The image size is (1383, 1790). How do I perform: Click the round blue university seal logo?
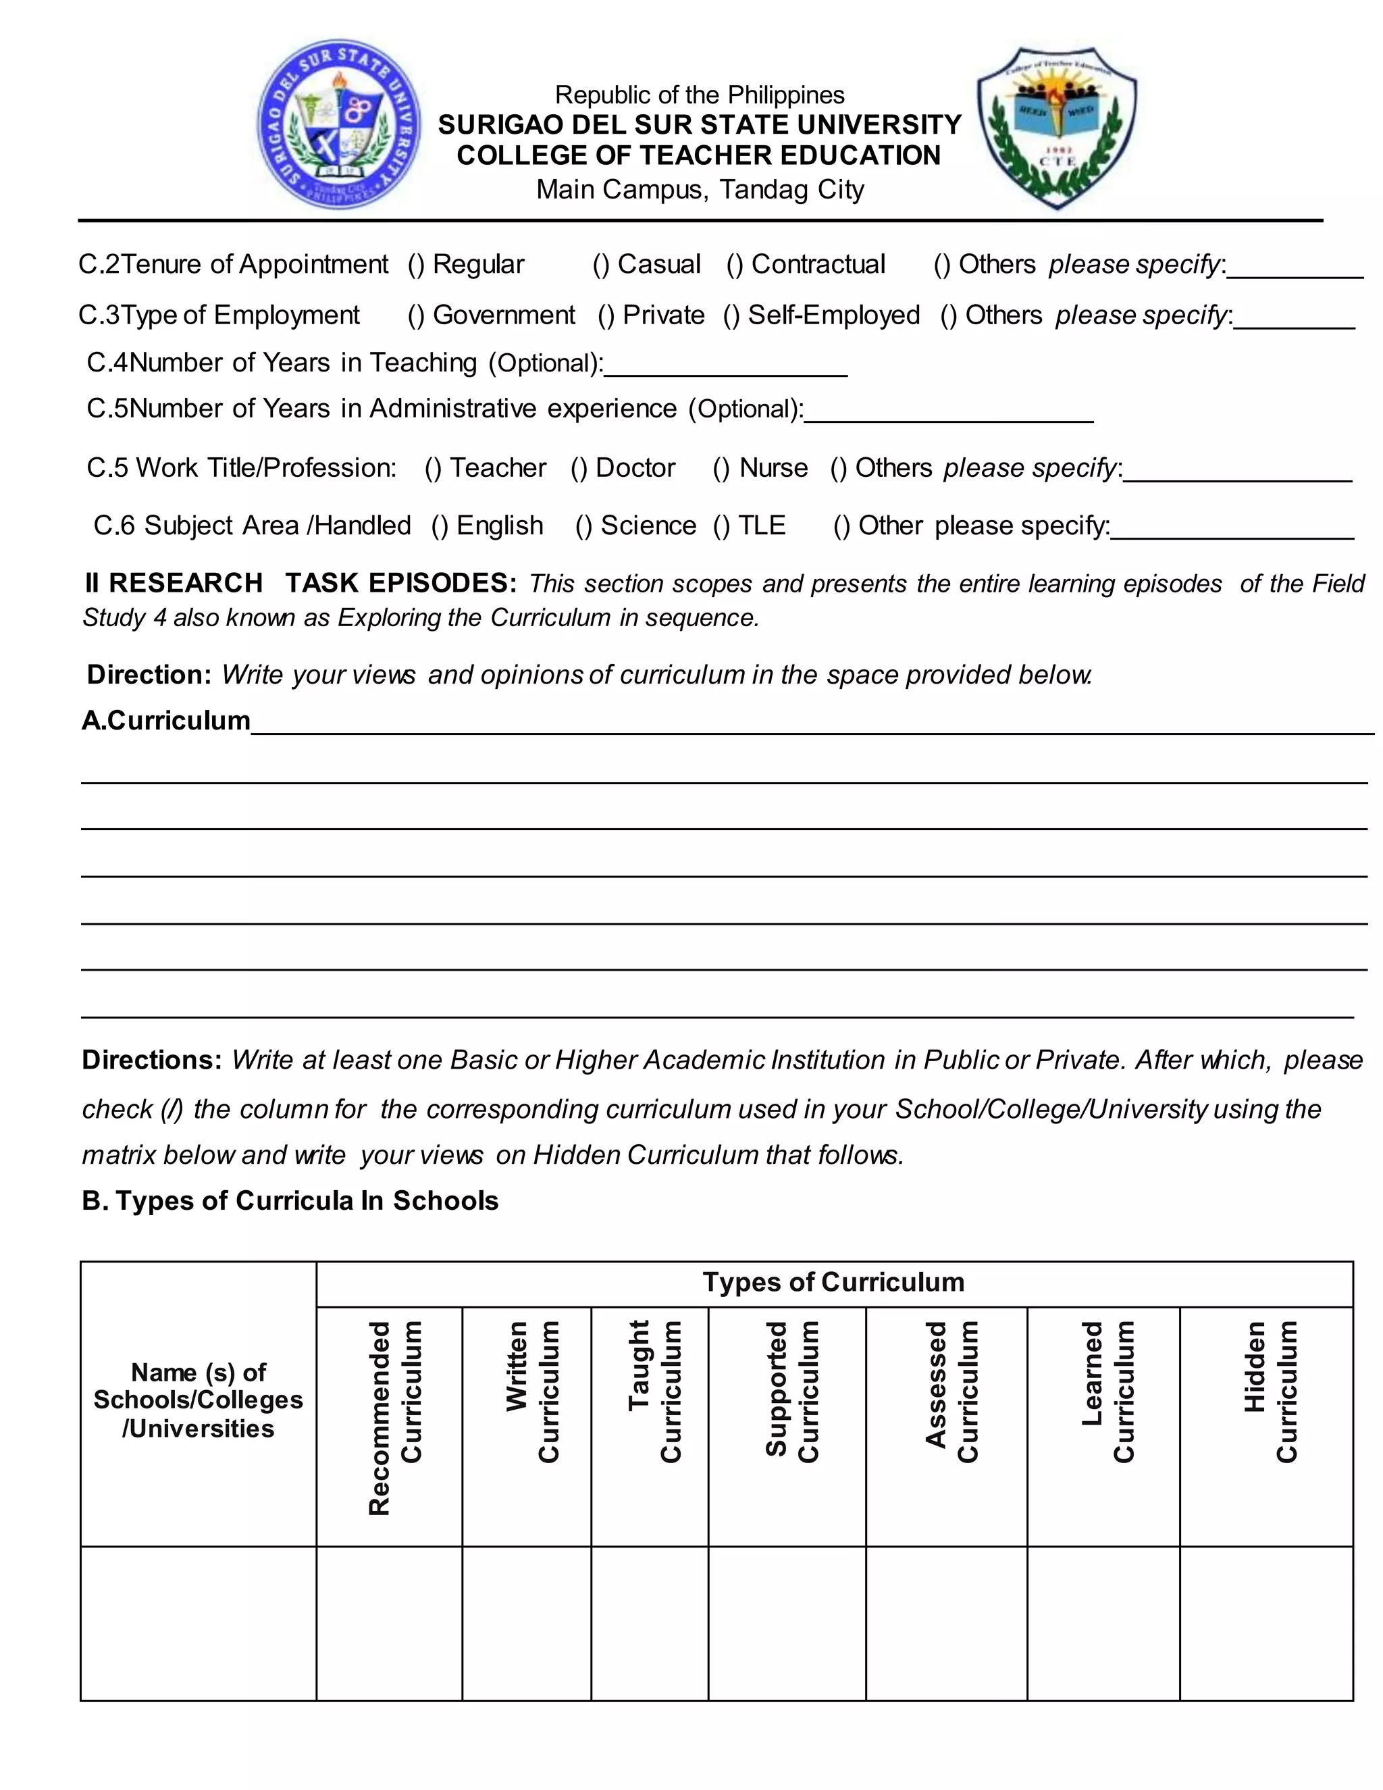pyautogui.click(x=339, y=124)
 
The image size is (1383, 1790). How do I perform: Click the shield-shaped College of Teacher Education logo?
pyautogui.click(x=1056, y=127)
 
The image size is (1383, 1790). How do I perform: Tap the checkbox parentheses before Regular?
pyautogui.click(x=416, y=265)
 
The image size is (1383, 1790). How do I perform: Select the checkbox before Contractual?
pyautogui.click(x=735, y=265)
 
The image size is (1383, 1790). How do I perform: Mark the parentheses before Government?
pyautogui.click(x=416, y=315)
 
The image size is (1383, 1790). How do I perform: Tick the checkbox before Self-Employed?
pyautogui.click(x=731, y=315)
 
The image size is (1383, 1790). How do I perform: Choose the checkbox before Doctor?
pyautogui.click(x=579, y=468)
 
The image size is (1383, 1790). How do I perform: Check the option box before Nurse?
pyautogui.click(x=722, y=468)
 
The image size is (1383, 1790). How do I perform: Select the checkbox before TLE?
pyautogui.click(x=722, y=526)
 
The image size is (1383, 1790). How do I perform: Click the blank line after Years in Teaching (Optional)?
pyautogui.click(x=725, y=367)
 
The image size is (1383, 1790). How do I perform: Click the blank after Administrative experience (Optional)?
pyautogui.click(x=949, y=413)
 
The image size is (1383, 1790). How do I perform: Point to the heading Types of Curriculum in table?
pyautogui.click(x=833, y=1283)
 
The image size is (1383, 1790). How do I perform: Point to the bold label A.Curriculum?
pyautogui.click(x=166, y=721)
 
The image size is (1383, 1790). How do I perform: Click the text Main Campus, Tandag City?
pyautogui.click(x=700, y=189)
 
